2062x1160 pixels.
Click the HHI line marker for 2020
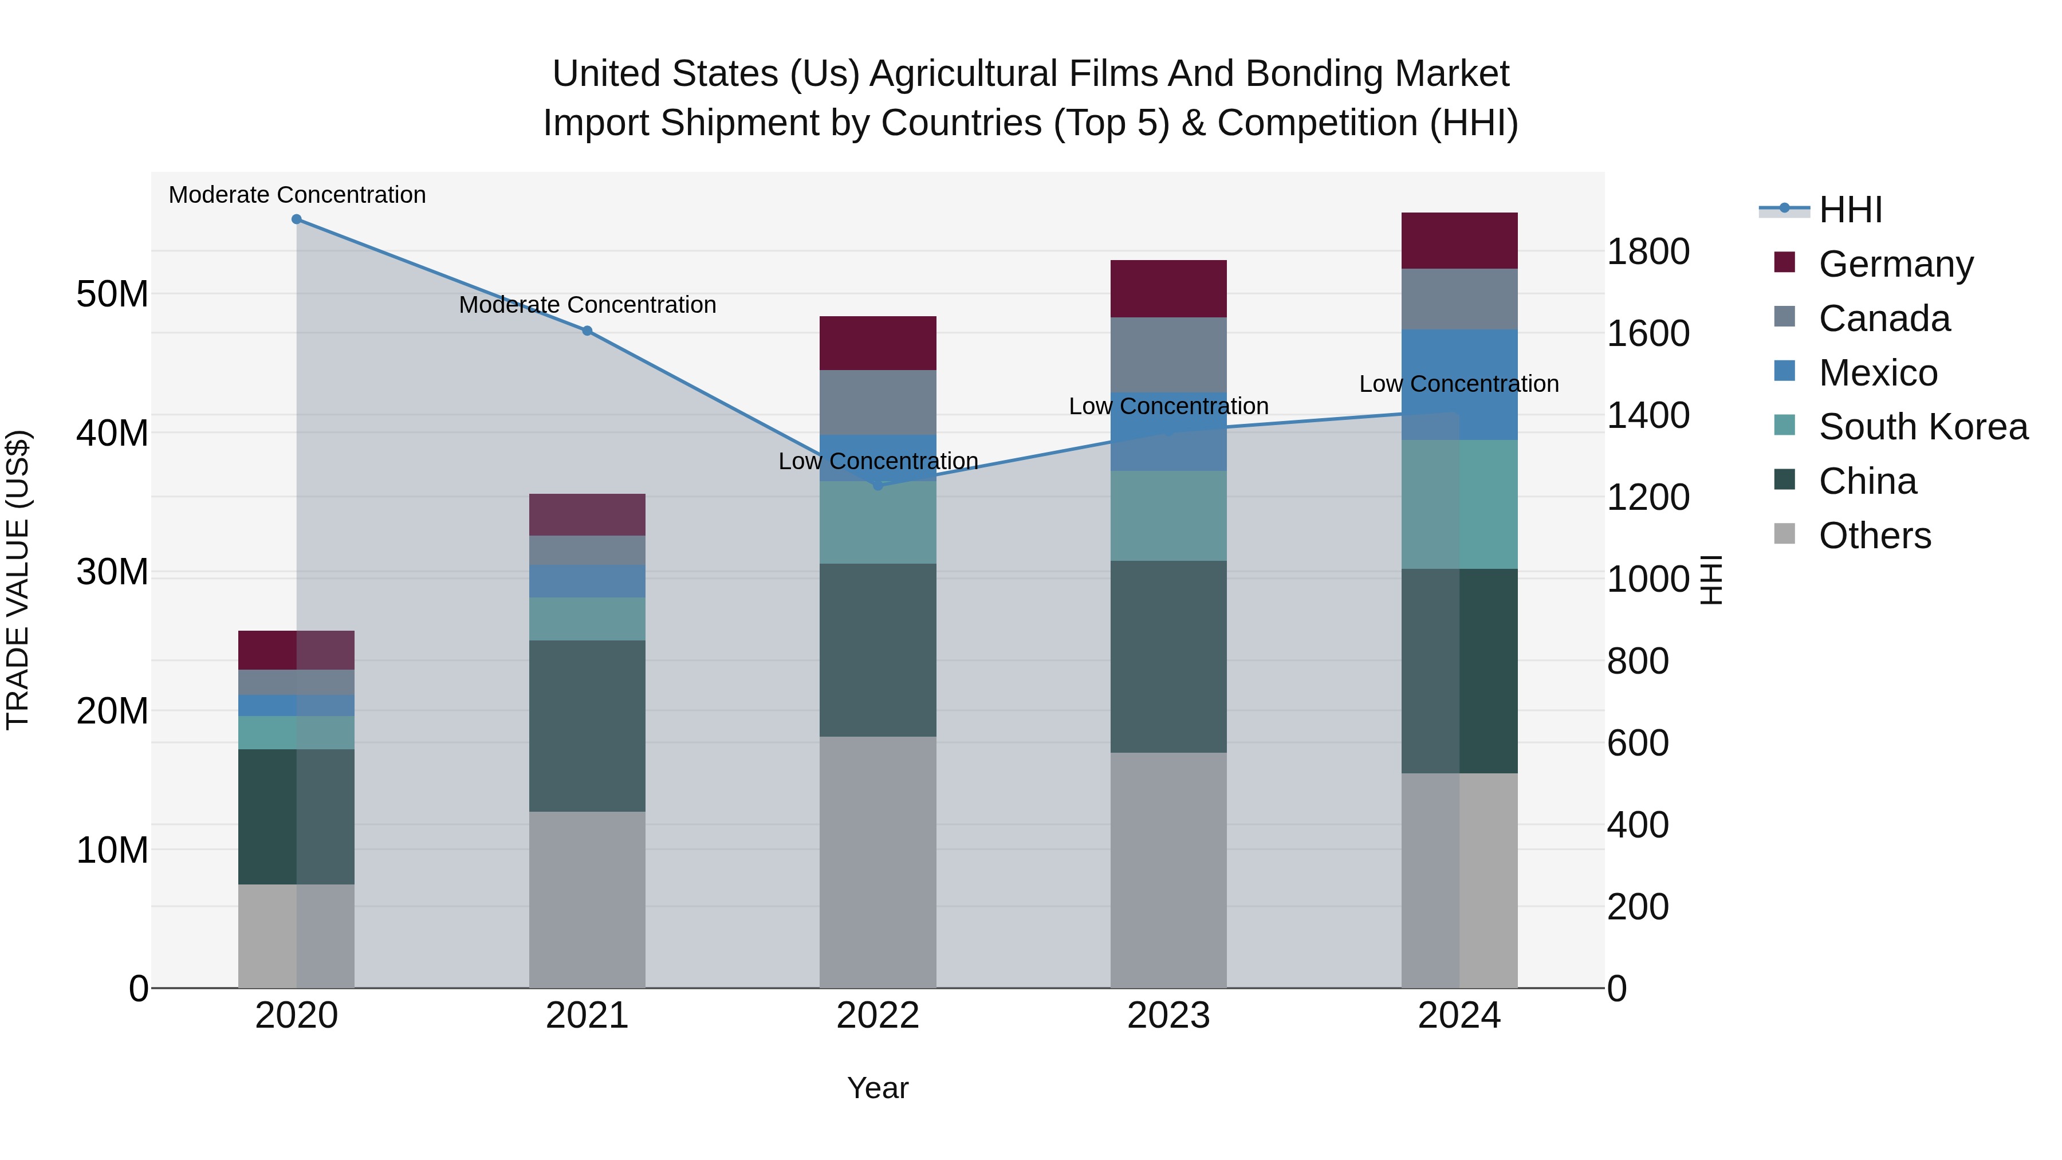pyautogui.click(x=296, y=219)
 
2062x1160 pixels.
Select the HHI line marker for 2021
pyautogui.click(x=587, y=331)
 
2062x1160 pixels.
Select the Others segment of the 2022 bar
pyautogui.click(x=877, y=862)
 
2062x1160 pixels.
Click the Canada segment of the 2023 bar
pyautogui.click(x=1168, y=354)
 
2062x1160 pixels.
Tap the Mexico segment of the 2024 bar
pyautogui.click(x=1459, y=384)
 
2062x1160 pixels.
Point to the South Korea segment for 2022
pyautogui.click(x=877, y=522)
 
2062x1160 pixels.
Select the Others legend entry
pyautogui.click(x=1874, y=536)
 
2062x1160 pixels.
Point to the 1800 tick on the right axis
pyautogui.click(x=1648, y=251)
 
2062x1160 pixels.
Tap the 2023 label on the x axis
pyautogui.click(x=1168, y=1016)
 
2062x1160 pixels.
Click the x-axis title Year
pyautogui.click(x=877, y=1088)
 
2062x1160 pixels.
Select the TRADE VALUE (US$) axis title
pyautogui.click(x=18, y=580)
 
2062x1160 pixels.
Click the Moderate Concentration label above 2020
pyautogui.click(x=297, y=195)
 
